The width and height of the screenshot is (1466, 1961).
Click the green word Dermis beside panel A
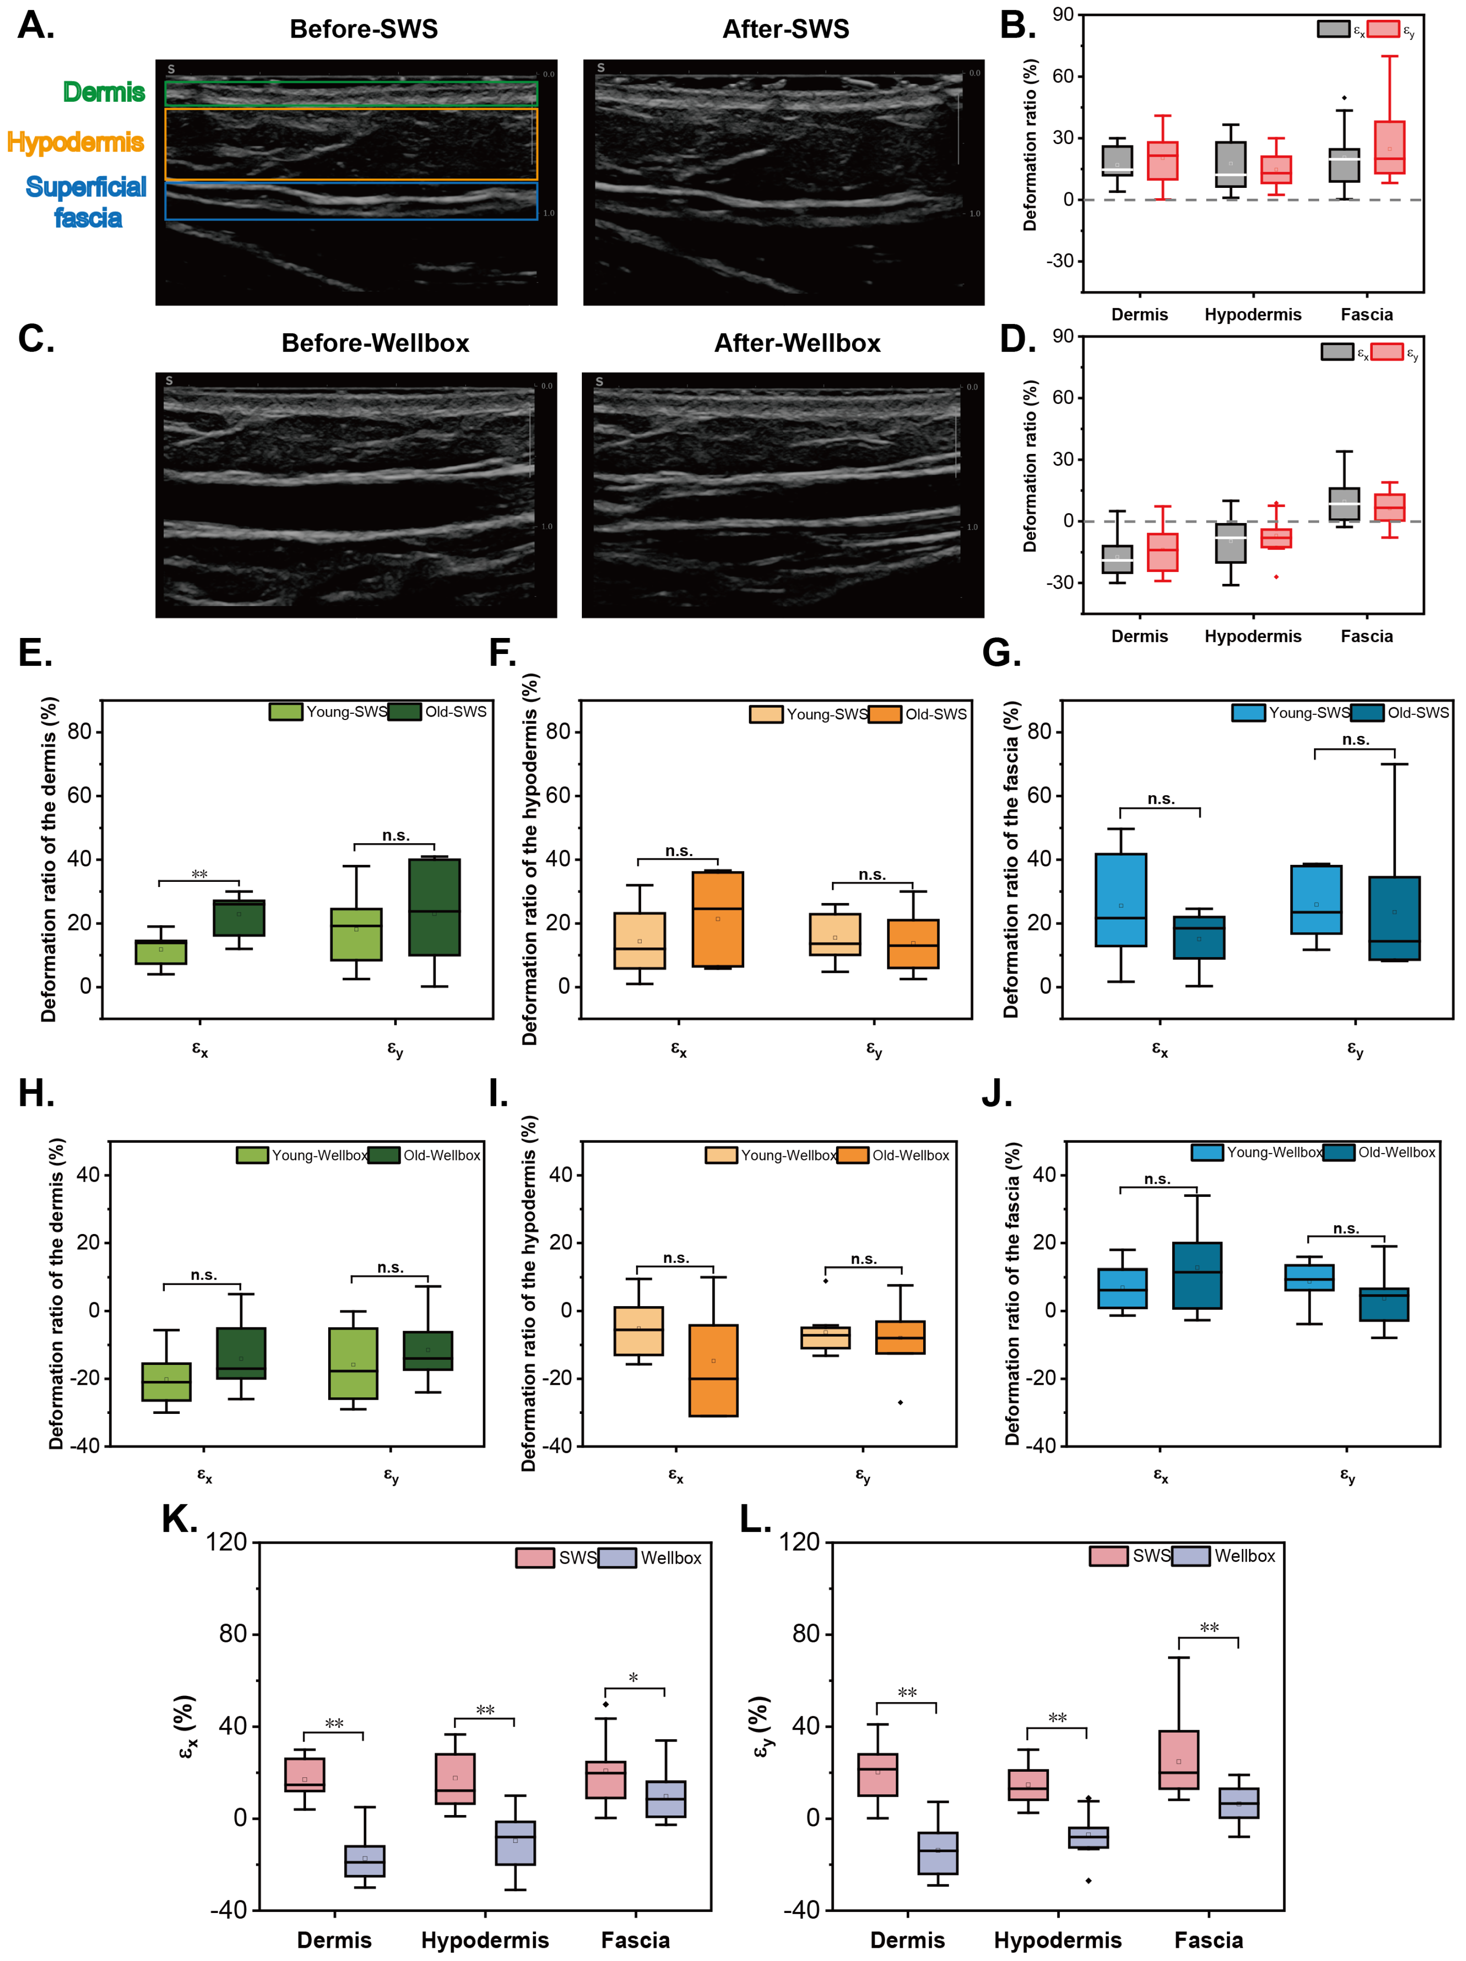click(104, 92)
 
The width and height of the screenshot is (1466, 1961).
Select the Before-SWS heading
click(363, 29)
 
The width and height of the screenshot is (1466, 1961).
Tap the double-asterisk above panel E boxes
click(200, 875)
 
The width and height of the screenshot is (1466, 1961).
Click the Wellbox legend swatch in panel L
click(1190, 1556)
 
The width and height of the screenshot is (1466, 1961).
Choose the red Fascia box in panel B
click(1389, 147)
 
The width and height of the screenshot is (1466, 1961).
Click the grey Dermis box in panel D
click(1117, 558)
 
